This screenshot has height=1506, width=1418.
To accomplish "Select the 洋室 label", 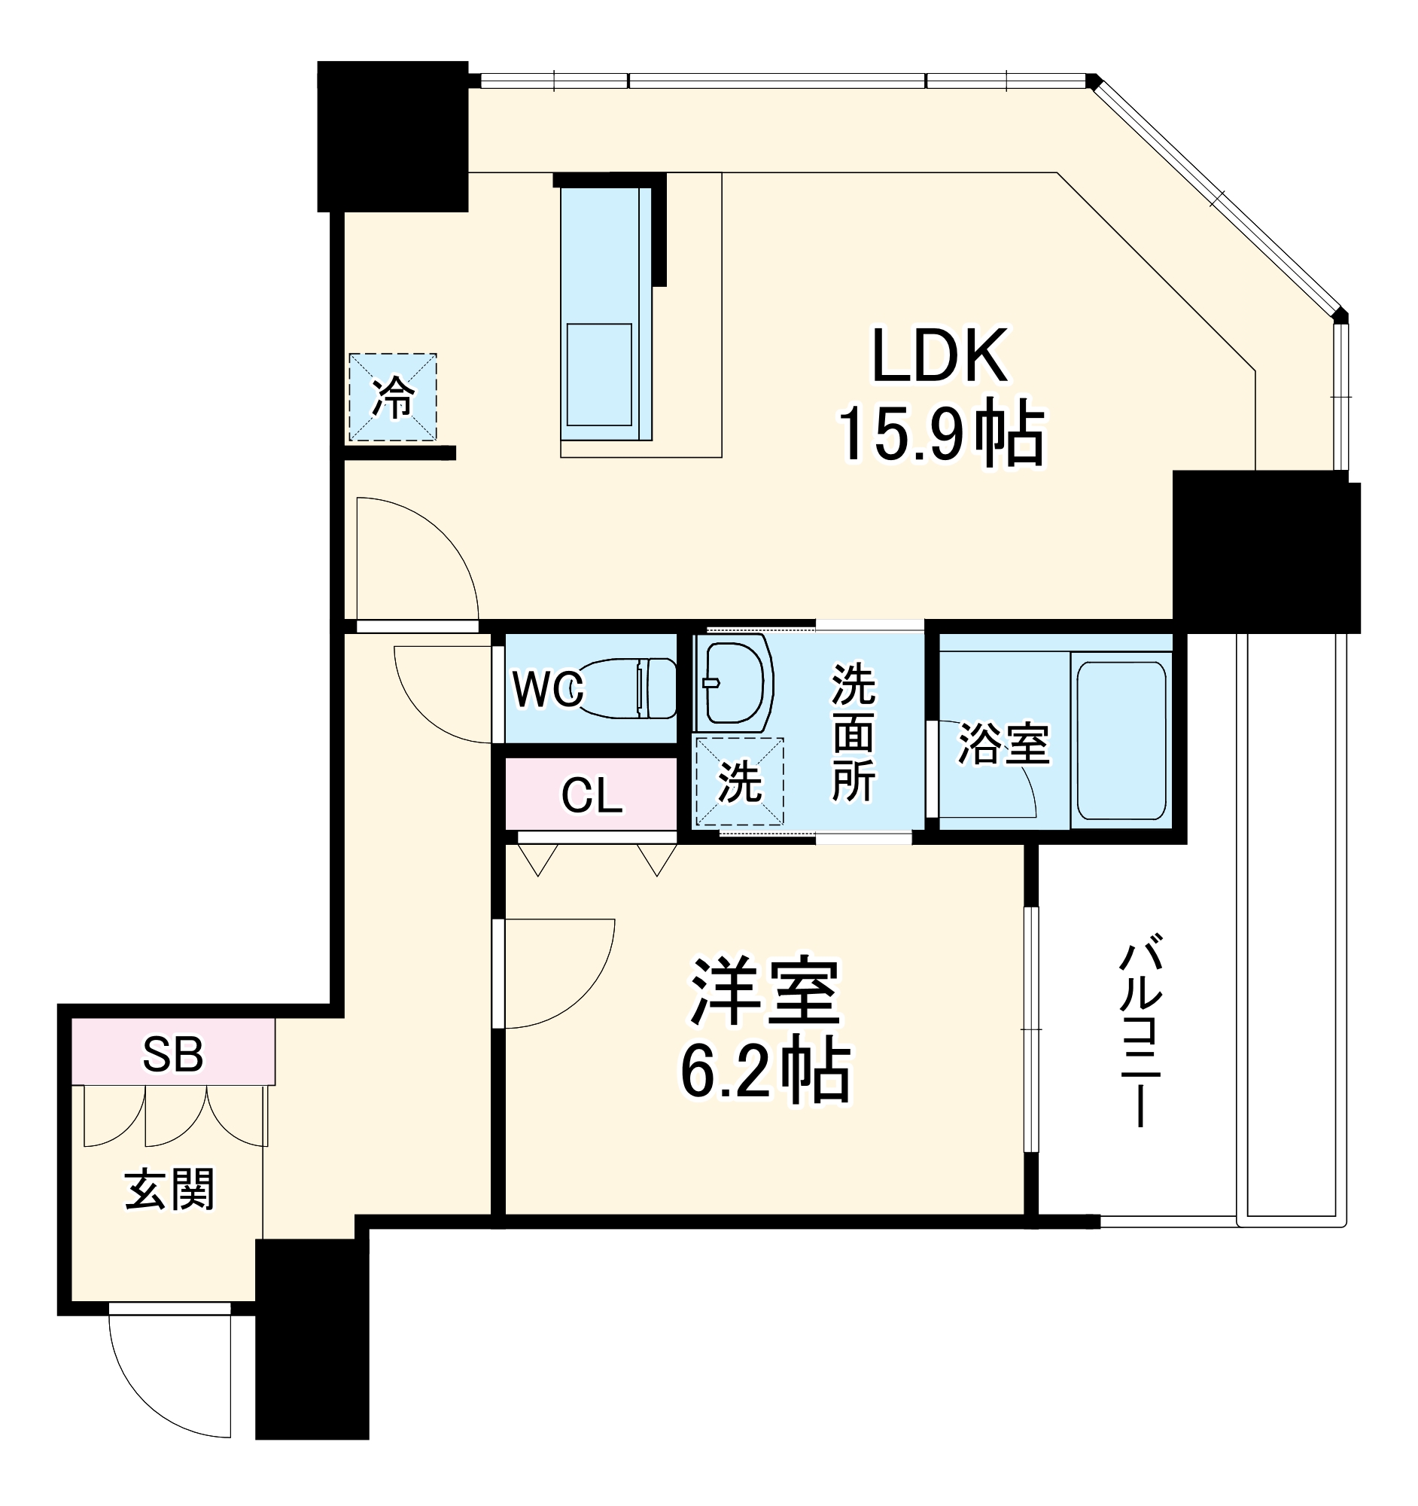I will point(765,992).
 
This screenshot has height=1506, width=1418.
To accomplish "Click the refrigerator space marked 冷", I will point(392,397).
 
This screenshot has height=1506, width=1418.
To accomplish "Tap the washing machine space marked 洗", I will point(739,782).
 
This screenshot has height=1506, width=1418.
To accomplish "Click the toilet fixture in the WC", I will point(632,687).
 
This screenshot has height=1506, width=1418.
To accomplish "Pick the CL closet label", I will point(592,795).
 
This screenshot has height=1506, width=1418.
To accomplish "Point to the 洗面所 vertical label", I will point(854,733).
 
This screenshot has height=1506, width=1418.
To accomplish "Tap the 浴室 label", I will point(1003,744).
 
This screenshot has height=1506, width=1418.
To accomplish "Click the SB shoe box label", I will point(172,1054).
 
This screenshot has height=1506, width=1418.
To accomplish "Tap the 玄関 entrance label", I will point(169,1190).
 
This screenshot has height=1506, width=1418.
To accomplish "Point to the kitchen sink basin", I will point(599,374).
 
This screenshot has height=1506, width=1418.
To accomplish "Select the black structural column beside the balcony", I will point(1266,551).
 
